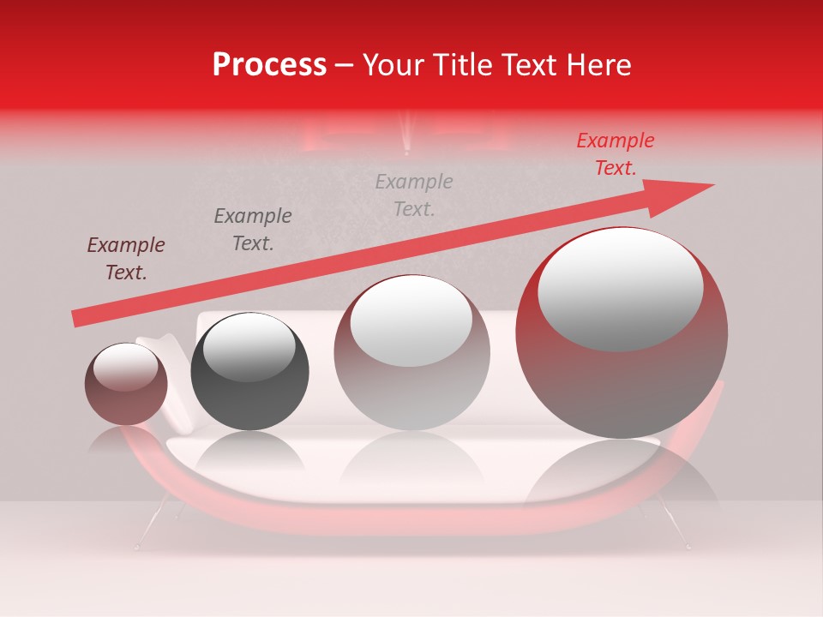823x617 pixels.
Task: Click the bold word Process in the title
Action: click(269, 65)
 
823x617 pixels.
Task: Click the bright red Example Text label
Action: click(615, 154)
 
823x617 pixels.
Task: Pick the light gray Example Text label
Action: click(414, 195)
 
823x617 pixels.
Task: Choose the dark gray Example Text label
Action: click(253, 230)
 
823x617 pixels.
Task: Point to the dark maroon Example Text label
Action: click(126, 259)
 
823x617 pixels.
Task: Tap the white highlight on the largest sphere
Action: click(620, 287)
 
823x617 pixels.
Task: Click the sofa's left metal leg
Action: click(148, 528)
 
